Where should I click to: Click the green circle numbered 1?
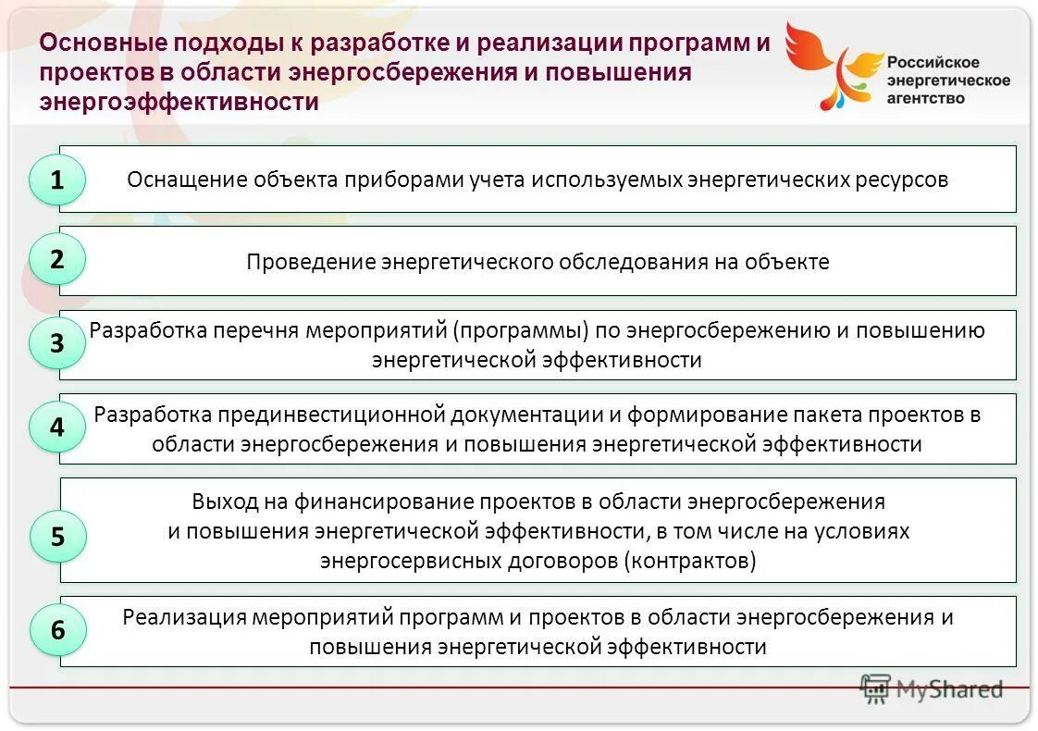(57, 180)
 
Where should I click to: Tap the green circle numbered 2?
(57, 260)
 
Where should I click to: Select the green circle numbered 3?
(57, 344)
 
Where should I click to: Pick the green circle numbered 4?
(57, 427)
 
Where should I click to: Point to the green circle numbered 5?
(57, 537)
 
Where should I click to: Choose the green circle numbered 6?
(57, 630)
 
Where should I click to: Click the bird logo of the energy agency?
(832, 65)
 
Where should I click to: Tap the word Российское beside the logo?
(933, 62)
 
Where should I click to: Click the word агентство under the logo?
(926, 97)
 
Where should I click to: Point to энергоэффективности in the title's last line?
(179, 102)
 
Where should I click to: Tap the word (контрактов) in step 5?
(690, 561)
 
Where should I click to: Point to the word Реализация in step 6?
(181, 617)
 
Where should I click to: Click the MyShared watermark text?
(948, 689)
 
